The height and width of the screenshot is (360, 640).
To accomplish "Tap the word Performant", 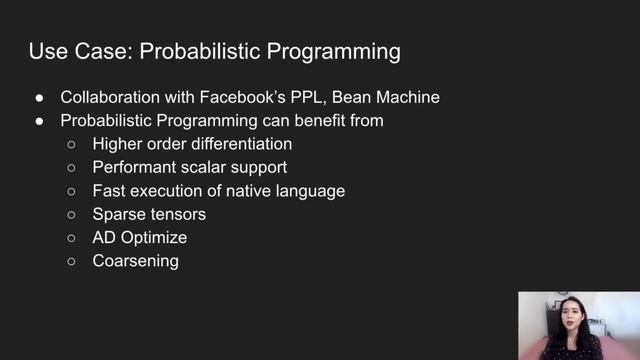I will (136, 167).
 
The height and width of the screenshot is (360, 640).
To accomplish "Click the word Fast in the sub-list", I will (109, 190).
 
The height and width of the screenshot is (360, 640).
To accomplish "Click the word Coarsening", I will (135, 260).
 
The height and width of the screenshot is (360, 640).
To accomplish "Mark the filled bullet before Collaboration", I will (38, 99).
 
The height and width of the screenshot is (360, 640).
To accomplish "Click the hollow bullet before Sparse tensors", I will (72, 214).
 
